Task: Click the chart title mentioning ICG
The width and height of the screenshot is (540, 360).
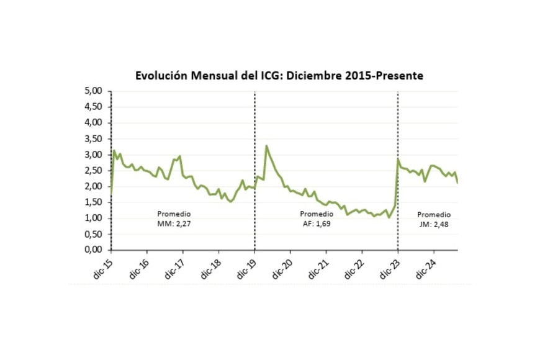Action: click(279, 76)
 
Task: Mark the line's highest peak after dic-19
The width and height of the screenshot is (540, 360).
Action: click(266, 146)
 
